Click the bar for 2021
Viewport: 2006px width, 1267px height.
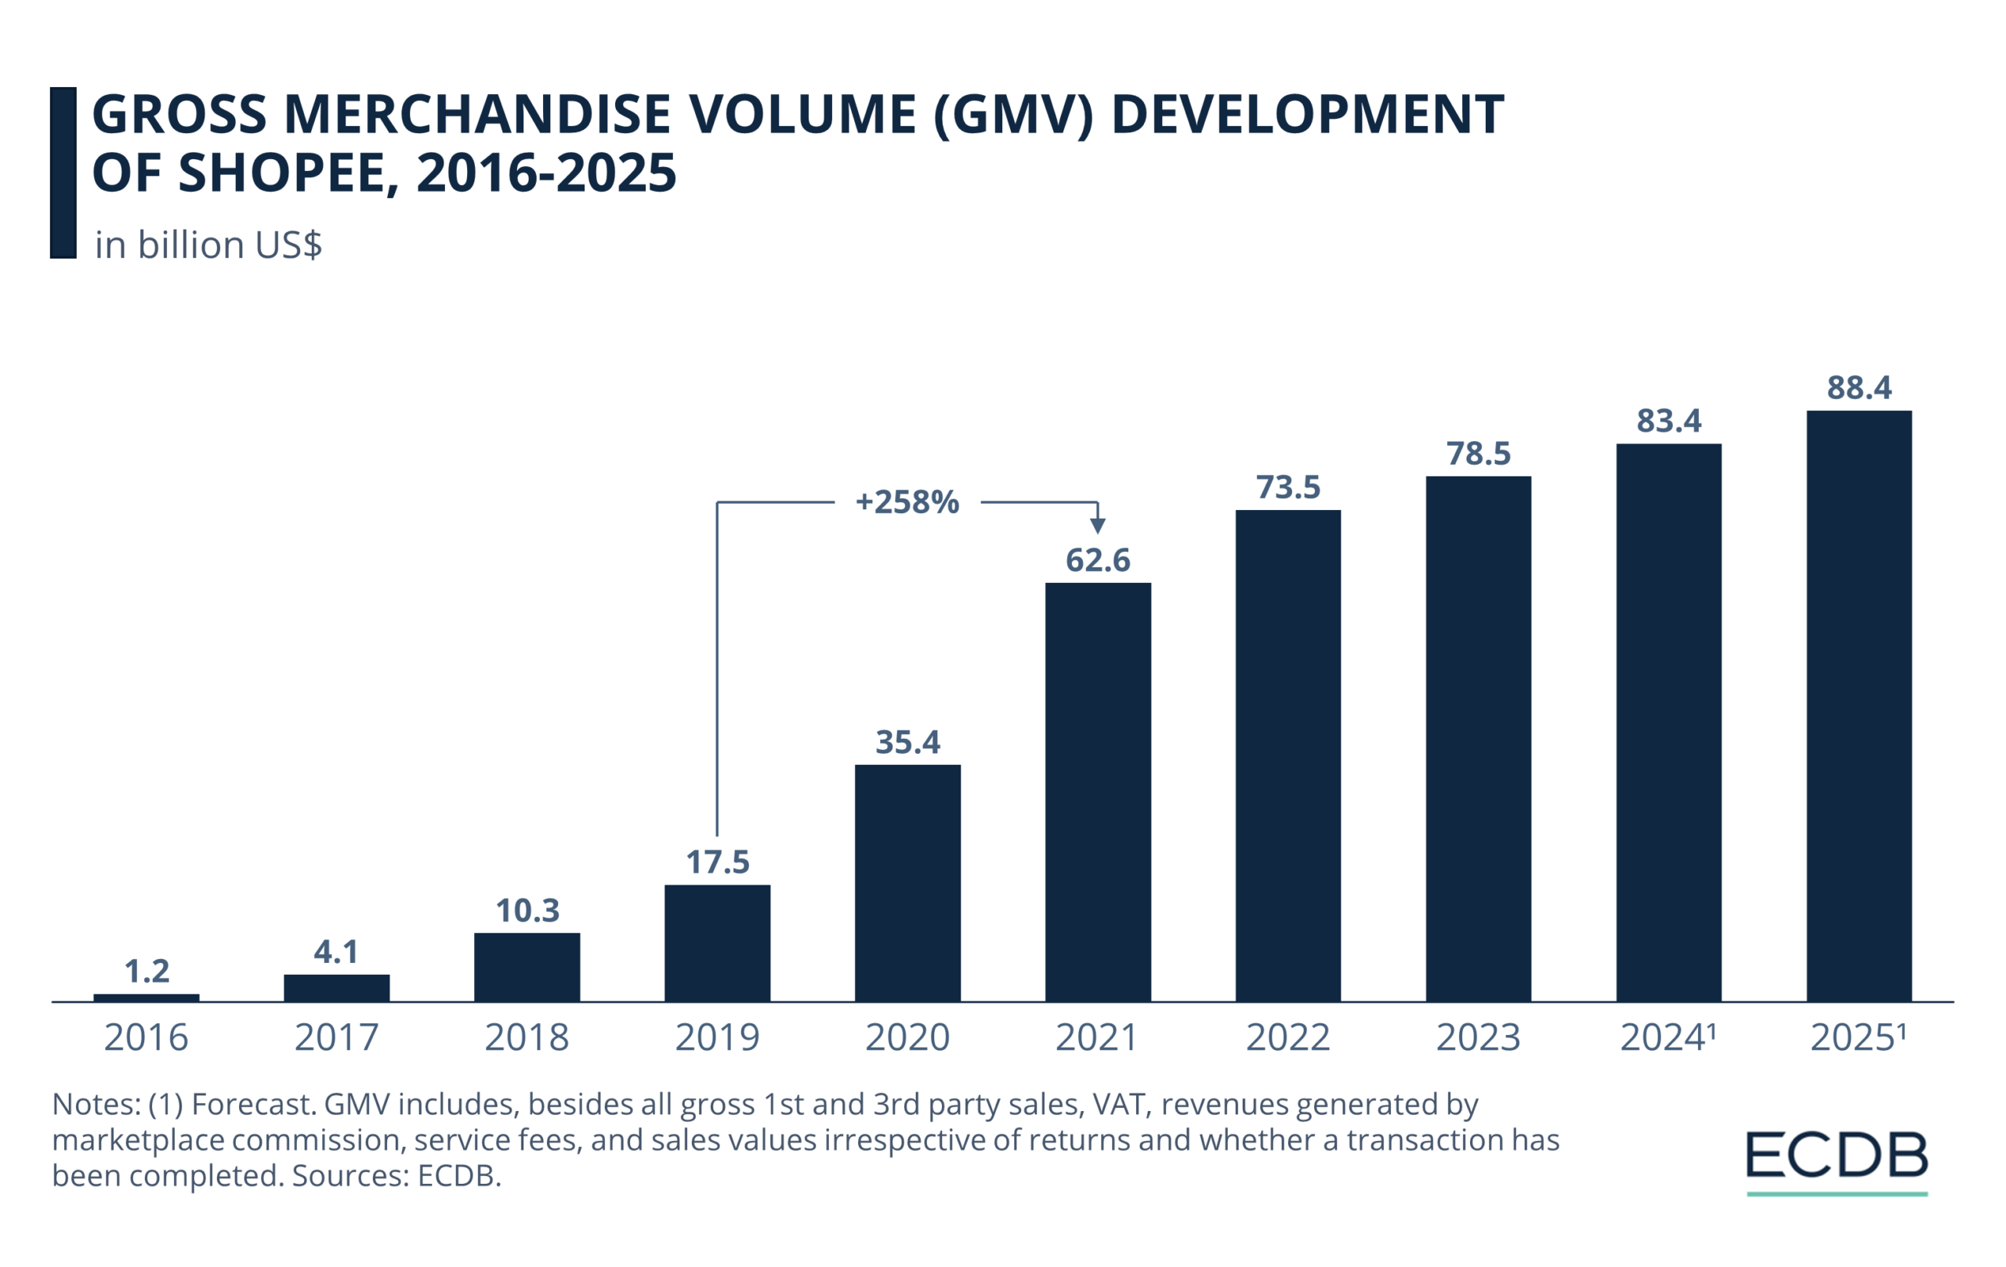tap(1098, 791)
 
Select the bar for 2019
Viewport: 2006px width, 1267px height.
tap(717, 942)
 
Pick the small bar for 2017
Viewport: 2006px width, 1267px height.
tap(337, 988)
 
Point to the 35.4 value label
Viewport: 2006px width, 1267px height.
tap(907, 742)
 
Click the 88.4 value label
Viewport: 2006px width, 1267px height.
tap(1859, 388)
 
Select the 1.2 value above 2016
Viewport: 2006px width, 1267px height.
tap(147, 972)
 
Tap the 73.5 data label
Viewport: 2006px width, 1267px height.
tap(1288, 487)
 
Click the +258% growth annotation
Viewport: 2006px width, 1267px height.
tap(907, 502)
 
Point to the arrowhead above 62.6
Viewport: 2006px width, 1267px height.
tap(1098, 526)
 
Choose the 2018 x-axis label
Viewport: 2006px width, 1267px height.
tap(527, 1038)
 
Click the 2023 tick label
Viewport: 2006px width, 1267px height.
tap(1478, 1038)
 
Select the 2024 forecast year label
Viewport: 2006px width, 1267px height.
tap(1667, 1038)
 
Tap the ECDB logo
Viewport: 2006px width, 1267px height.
tap(1837, 1158)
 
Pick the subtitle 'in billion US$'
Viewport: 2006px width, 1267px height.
tap(208, 245)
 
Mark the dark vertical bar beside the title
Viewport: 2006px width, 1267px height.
tap(63, 172)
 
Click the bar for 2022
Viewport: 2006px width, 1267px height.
tap(1288, 755)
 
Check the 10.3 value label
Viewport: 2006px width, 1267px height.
tap(527, 910)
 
